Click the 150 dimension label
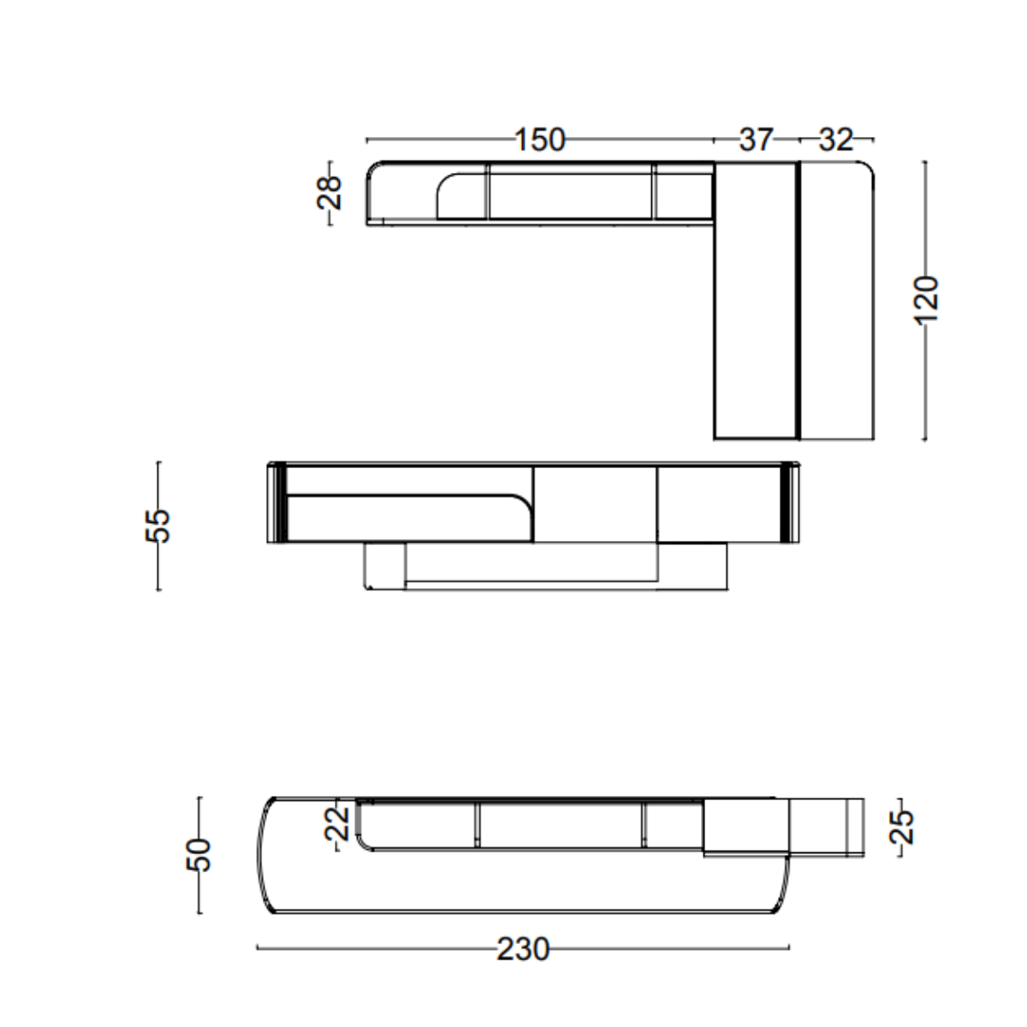[540, 140]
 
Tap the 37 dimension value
[756, 140]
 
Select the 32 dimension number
[835, 140]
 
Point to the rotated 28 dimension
[329, 193]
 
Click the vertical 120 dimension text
[925, 299]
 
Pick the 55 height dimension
[157, 526]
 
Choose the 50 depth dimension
[199, 855]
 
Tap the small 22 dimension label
[337, 824]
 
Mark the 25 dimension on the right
[900, 827]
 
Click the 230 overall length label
[523, 949]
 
